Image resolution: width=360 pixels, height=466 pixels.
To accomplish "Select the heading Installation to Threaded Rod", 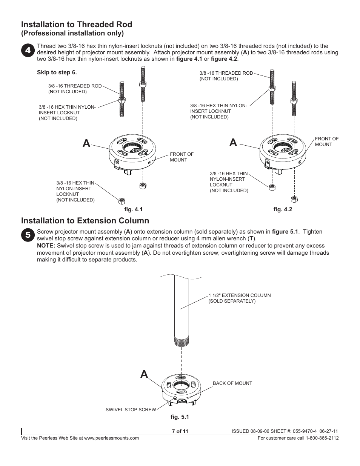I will point(77,25).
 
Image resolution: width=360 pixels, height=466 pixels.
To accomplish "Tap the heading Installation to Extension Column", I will point(85,221).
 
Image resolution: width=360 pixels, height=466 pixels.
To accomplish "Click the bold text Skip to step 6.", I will point(57,72).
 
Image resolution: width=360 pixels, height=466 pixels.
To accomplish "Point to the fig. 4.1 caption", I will point(134,209).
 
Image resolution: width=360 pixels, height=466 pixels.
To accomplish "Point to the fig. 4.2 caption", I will point(283,209).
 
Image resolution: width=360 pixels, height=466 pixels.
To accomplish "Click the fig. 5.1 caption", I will point(180,417).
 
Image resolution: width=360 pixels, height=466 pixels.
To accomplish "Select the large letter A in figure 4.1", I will point(86,143).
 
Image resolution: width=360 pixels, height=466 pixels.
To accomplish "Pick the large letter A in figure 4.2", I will point(233,142).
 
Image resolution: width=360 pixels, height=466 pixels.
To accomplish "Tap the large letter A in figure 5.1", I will point(144,374).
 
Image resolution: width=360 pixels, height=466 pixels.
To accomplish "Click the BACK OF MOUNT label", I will point(232,383).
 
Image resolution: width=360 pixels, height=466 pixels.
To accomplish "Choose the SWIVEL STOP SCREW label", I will point(131,409).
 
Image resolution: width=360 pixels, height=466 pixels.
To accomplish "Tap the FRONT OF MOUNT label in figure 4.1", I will point(182,157).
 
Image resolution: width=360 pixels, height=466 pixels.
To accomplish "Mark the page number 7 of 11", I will point(180,432).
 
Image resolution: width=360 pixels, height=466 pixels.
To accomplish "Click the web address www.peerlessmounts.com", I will point(111,438).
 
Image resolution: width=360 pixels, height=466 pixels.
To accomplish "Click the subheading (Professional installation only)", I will point(72,33).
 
